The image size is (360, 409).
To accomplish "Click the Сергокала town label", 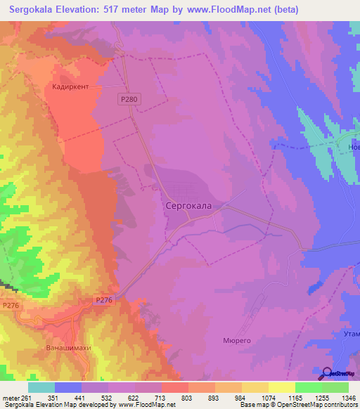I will click(x=188, y=207).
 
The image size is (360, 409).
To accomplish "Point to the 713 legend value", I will click(x=161, y=397).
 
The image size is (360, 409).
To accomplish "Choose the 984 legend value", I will click(x=240, y=397).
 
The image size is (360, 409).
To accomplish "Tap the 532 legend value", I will click(x=108, y=397).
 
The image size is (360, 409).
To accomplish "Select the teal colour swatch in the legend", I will click(x=41, y=387).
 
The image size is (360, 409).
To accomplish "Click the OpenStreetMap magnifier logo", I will click(x=327, y=374).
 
